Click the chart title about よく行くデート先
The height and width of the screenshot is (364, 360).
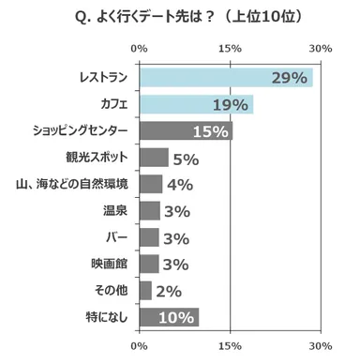pos(179,18)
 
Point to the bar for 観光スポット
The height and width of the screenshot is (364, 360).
pos(154,157)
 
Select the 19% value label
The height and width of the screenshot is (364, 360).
pos(230,104)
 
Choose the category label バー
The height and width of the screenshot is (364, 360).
pos(120,237)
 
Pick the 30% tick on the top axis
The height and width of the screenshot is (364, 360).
pos(321,48)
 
